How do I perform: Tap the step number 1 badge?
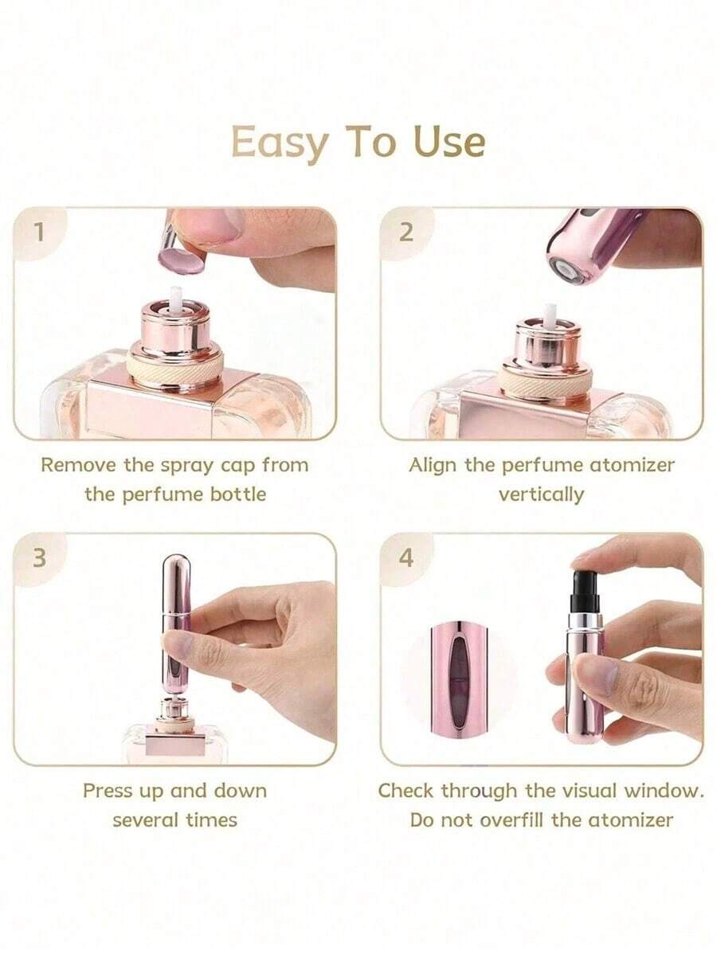coord(37,232)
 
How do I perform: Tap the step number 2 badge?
coord(406,232)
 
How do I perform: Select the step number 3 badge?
coord(38,557)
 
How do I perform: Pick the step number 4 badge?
coord(406,557)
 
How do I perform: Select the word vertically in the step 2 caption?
coord(541,494)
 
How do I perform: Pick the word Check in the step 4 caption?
coord(406,791)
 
